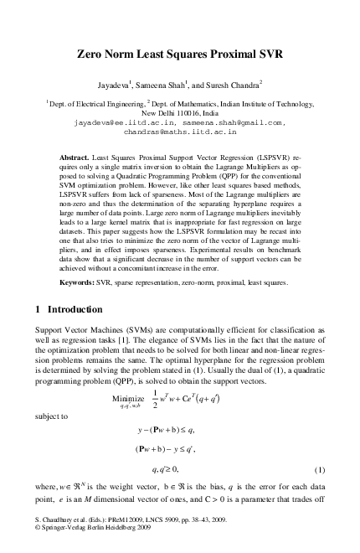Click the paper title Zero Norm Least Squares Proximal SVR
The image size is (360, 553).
pyautogui.click(x=181, y=57)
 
